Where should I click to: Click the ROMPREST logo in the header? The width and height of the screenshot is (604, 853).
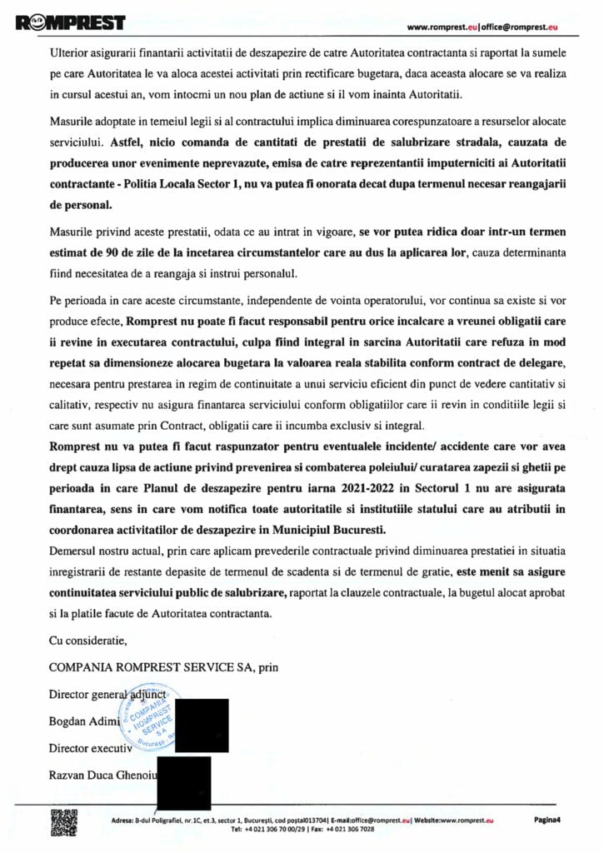70,22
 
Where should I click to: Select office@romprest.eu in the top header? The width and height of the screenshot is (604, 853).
519,27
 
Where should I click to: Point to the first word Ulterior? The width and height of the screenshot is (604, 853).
67,52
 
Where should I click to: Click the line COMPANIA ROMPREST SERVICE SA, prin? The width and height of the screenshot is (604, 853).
163,667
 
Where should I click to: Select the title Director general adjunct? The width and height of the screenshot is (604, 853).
108,694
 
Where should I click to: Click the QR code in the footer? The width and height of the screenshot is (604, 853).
64,822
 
